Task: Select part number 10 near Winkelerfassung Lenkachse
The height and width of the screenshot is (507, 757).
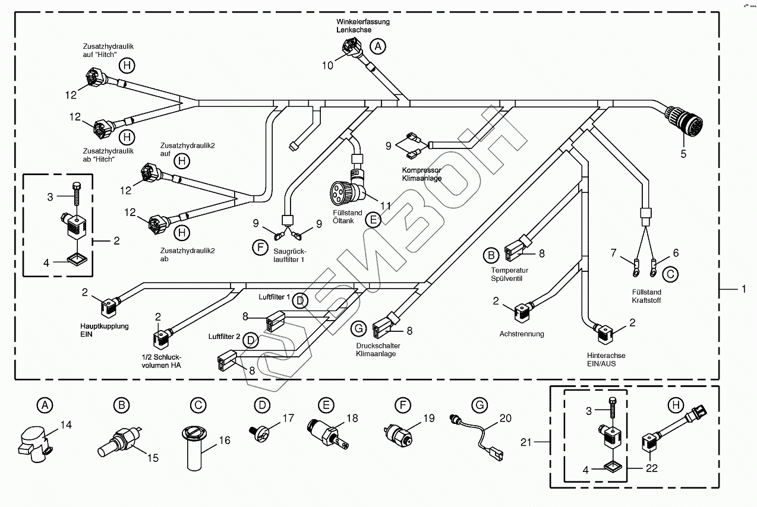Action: [328, 65]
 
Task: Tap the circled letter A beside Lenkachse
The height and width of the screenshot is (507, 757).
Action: [377, 46]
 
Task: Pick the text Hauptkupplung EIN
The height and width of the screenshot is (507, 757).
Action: [104, 330]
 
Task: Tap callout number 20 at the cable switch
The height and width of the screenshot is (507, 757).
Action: [505, 419]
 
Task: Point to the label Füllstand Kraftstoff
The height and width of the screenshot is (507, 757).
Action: [646, 296]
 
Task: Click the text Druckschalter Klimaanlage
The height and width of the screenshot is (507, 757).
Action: [378, 350]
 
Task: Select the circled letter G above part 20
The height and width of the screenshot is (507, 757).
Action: [478, 405]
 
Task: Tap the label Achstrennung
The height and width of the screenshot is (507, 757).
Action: [522, 334]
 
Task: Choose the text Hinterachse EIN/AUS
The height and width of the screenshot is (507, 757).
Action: [605, 359]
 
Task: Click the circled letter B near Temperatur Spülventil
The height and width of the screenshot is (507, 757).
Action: [490, 255]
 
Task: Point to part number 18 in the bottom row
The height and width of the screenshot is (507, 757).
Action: [352, 419]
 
